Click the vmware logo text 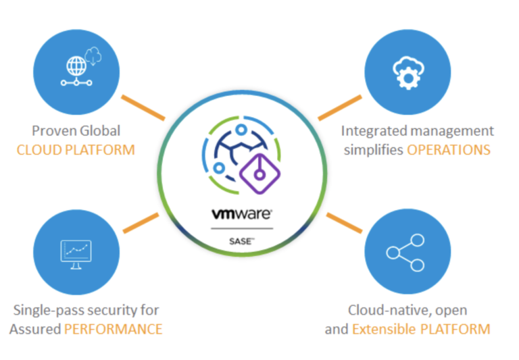pos(242,214)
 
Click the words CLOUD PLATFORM pos(76,149)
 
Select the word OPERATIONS pos(448,149)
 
